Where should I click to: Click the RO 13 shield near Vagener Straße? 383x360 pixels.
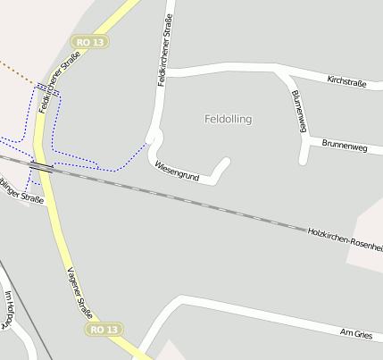click(103, 330)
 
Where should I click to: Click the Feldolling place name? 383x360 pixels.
click(229, 119)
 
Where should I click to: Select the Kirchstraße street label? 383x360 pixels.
click(347, 81)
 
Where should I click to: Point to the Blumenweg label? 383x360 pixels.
click(297, 111)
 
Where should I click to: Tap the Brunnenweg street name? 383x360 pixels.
click(346, 143)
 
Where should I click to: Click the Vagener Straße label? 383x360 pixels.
click(79, 291)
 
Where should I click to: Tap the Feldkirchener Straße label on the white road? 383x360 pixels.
click(162, 52)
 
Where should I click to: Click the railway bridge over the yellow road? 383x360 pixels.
click(41, 166)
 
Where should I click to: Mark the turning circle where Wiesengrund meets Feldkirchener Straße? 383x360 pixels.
click(154, 138)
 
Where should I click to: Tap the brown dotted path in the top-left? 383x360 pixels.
click(18, 72)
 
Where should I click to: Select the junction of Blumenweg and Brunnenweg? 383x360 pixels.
click(304, 143)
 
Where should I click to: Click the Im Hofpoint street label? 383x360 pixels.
click(9, 309)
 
